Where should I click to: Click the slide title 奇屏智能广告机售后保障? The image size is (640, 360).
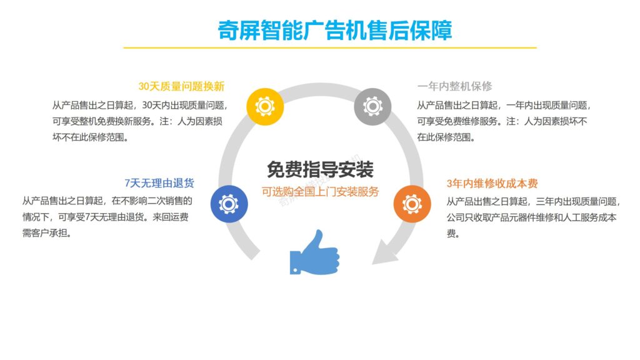pos(335,30)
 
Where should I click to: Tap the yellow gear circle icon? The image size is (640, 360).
pos(266,107)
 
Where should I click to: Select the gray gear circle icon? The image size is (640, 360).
pos(372,107)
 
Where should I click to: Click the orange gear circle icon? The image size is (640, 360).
pos(412,204)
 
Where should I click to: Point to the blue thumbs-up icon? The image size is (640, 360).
pos(314,252)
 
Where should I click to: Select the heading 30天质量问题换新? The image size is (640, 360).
pos(181,86)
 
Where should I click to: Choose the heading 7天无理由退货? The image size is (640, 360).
pos(159,183)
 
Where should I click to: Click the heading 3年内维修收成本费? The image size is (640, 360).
pos(492,184)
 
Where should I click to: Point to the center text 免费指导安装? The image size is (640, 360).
pos(320,169)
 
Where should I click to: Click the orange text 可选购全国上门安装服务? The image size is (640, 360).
pos(320,191)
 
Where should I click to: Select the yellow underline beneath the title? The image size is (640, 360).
pos(330,47)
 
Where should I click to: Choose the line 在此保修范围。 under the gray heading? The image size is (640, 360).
pos(446,137)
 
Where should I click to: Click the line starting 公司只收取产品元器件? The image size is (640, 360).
pos(532,217)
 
